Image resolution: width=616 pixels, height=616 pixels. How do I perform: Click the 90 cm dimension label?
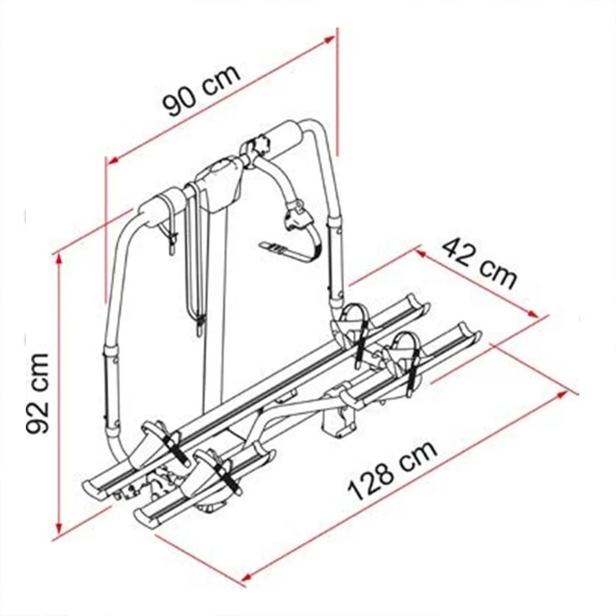(x=201, y=91)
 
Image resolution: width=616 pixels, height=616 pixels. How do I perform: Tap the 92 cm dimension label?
(x=38, y=394)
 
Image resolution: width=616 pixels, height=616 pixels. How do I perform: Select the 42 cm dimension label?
(x=479, y=264)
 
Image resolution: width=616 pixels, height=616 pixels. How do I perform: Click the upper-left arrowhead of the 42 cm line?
(x=421, y=253)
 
